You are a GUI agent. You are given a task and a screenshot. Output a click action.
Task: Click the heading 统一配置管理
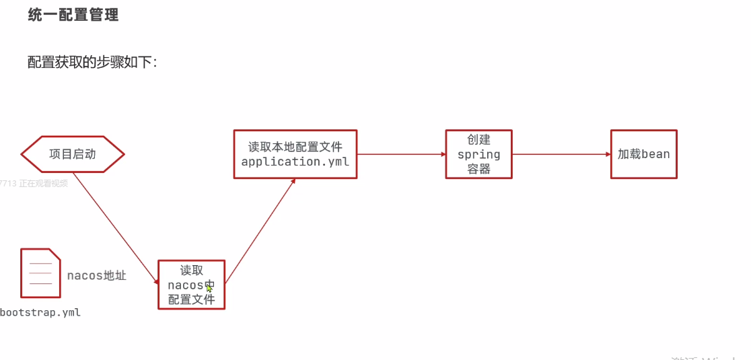[73, 15]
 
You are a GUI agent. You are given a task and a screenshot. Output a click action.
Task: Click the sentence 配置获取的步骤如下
[92, 62]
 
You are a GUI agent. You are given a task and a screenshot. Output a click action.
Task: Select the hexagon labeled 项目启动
[73, 154]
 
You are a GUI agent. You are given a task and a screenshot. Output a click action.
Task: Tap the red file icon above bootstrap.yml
[40, 273]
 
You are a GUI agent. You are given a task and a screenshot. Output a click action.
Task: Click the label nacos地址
[96, 275]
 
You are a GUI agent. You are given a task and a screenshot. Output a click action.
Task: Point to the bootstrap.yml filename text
[40, 312]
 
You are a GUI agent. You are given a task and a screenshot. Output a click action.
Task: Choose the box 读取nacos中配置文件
[191, 285]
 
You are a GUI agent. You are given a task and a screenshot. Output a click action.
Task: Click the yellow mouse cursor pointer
[209, 288]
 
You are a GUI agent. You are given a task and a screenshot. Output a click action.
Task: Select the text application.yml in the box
[295, 161]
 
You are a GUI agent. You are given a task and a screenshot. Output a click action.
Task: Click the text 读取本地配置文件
[295, 147]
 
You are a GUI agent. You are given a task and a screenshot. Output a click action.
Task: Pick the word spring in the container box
[478, 154]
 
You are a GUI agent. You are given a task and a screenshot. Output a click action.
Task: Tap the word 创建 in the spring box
[478, 140]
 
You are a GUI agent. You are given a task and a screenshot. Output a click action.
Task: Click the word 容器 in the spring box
[478, 169]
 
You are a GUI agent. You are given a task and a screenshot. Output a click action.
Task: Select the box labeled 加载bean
[643, 154]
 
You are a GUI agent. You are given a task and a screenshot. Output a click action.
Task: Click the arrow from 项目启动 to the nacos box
[114, 216]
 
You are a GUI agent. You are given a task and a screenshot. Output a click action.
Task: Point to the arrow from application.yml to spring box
[401, 154]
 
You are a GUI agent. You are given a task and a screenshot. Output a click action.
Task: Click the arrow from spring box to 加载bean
[561, 154]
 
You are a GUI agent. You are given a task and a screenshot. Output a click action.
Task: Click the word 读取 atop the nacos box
[191, 271]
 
